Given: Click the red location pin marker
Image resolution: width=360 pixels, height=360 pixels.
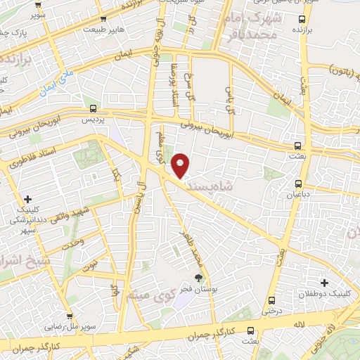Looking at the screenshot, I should click(181, 165).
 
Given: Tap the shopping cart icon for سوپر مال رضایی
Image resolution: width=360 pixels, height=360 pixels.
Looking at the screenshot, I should click(70, 298).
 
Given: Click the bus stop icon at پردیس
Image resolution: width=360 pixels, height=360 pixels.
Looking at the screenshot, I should click(94, 108).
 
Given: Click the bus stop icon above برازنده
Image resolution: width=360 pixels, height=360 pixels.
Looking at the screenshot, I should click(302, 19).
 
